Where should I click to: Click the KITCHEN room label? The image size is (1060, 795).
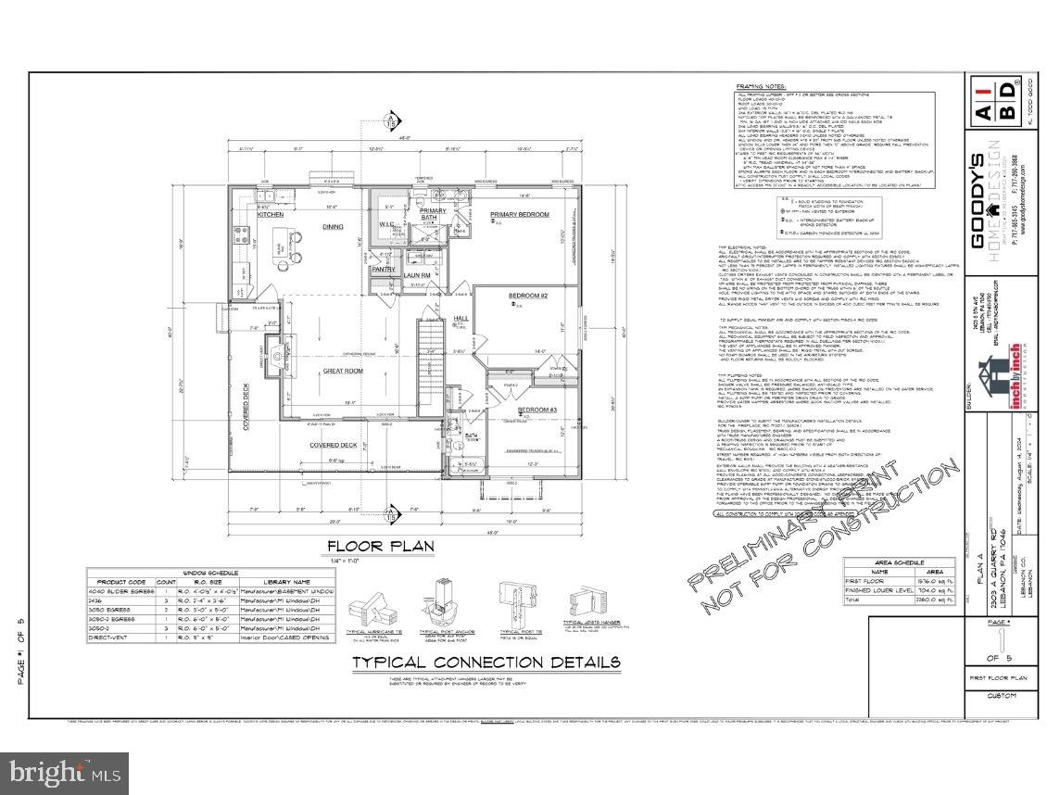(x=271, y=214)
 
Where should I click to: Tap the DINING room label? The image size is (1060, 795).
(x=332, y=225)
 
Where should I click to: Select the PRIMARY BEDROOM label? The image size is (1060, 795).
(x=519, y=215)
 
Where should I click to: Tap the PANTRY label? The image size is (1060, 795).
(x=384, y=270)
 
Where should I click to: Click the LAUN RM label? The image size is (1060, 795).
(x=413, y=274)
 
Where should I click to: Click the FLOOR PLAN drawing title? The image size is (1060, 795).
(x=380, y=547)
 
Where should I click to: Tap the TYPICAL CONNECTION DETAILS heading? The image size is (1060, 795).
(x=486, y=662)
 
